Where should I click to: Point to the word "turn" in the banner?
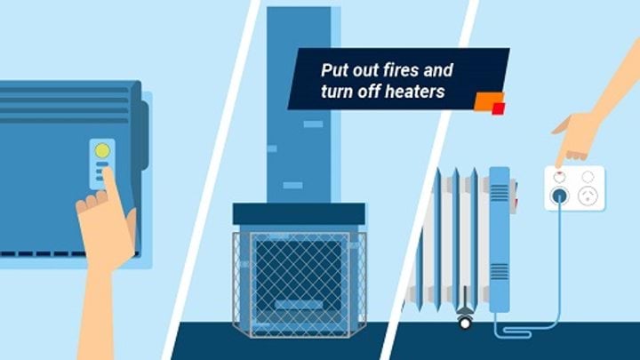[x=337, y=92]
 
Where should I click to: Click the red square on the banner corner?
[x=498, y=108]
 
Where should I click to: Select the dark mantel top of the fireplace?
[x=299, y=214]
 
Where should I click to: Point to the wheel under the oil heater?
[x=464, y=323]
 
